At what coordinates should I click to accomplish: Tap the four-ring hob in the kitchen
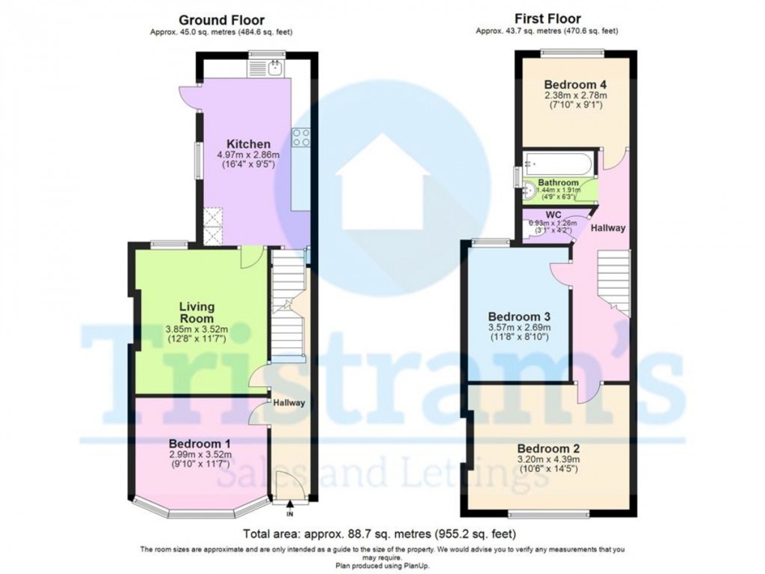tap(301, 137)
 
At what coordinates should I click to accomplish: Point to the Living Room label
tap(196, 312)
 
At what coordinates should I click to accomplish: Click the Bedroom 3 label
tap(518, 317)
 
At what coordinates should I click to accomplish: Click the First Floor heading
tap(547, 19)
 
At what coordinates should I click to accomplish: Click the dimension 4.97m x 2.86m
tap(244, 155)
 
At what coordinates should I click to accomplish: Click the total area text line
tap(382, 534)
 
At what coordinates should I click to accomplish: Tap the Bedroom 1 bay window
tap(201, 512)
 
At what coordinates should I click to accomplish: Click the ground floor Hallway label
tap(289, 403)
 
